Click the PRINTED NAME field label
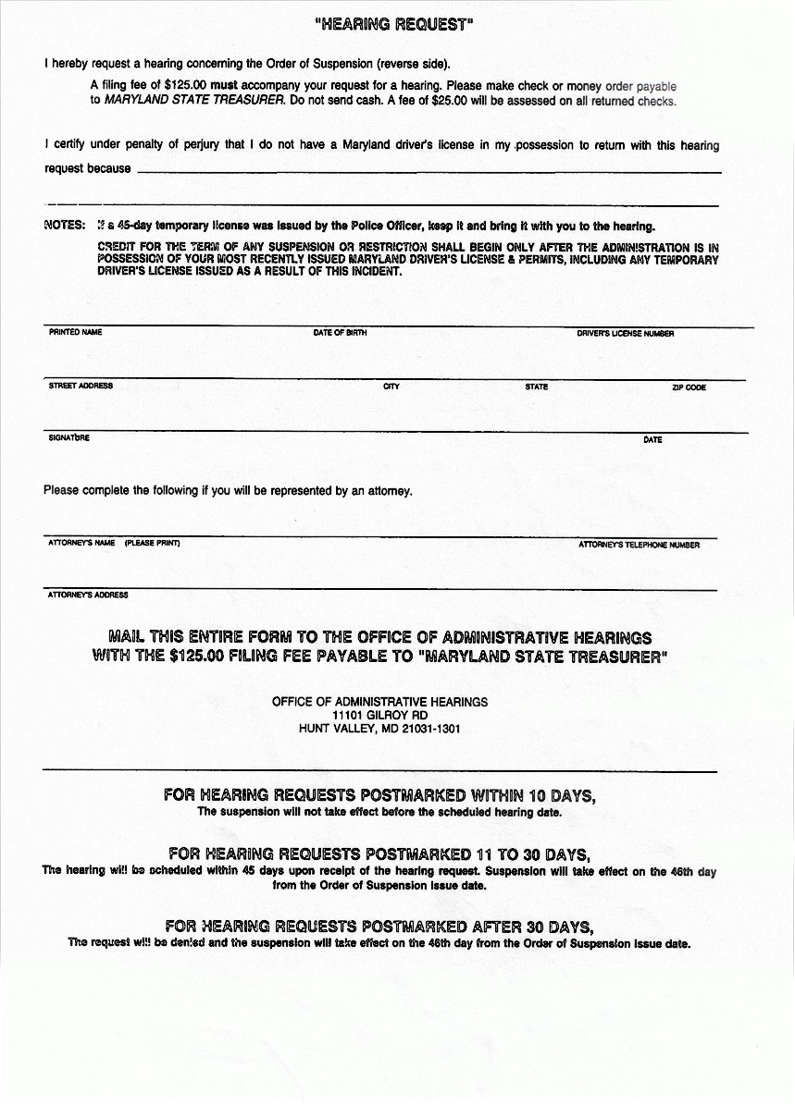click(75, 332)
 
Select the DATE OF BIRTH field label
click(340, 333)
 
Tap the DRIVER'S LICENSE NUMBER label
click(625, 333)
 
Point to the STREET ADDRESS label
click(81, 386)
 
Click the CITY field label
click(391, 387)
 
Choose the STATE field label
click(536, 387)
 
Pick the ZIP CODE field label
click(689, 387)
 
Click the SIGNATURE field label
click(68, 437)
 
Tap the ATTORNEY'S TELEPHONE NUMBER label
click(639, 545)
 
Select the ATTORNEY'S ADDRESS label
click(88, 595)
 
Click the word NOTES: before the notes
click(65, 225)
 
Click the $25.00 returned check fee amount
click(449, 100)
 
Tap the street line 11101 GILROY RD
click(379, 715)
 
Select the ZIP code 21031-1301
click(431, 729)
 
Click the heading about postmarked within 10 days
click(379, 795)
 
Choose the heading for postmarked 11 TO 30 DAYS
click(379, 853)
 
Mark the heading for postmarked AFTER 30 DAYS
click(379, 927)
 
